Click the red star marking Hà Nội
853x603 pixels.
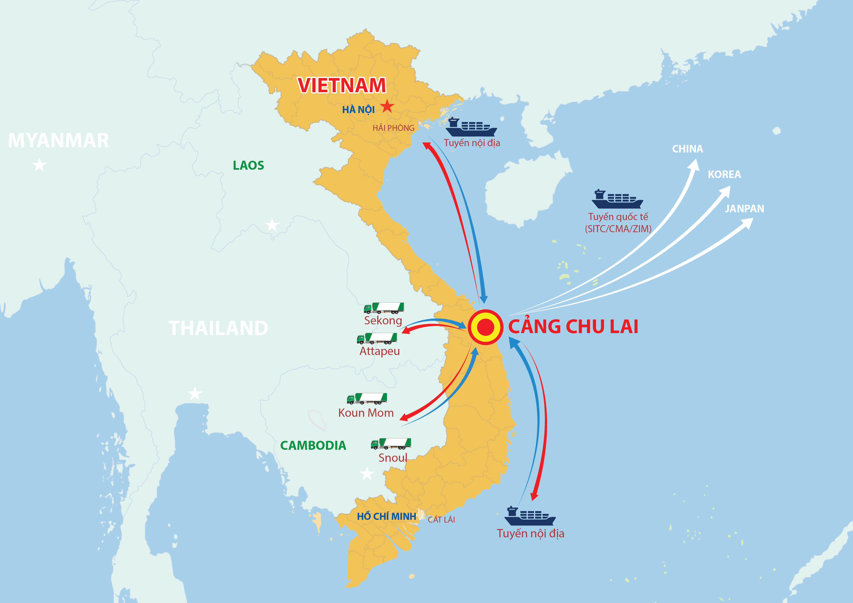(387, 106)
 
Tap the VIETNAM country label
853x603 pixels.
(342, 85)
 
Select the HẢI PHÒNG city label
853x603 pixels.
(393, 128)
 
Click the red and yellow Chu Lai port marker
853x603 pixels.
(485, 327)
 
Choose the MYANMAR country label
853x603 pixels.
(58, 141)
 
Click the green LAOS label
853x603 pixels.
(248, 165)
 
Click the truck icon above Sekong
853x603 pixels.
(384, 308)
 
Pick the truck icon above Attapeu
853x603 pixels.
(377, 338)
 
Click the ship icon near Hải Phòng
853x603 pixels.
(471, 127)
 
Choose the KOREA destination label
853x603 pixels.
(724, 174)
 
